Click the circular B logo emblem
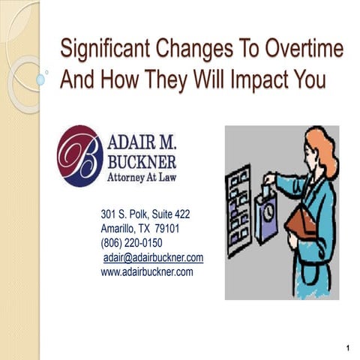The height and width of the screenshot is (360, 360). point(79,155)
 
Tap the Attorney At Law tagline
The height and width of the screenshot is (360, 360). point(142,178)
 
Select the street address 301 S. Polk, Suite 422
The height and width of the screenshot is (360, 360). point(150,214)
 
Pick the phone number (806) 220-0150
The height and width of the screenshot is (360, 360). point(131,243)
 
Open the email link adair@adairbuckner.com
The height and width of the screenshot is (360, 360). point(153,257)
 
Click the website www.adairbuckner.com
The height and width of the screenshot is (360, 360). point(147,271)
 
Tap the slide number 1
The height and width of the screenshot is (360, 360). point(349,346)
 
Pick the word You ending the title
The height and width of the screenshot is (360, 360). point(307,79)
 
